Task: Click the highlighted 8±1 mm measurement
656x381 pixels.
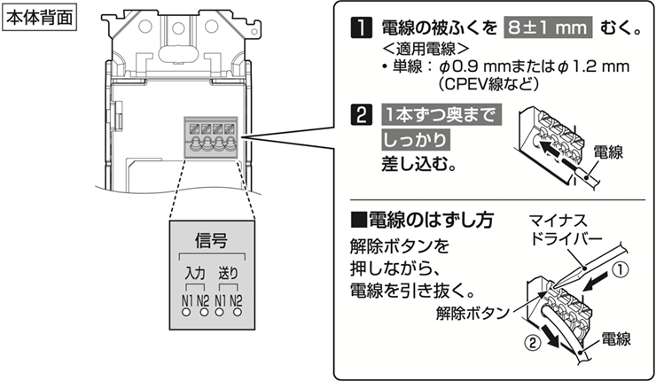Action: (547, 27)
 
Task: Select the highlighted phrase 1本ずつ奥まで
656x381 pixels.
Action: (438, 116)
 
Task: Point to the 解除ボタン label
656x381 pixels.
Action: (472, 313)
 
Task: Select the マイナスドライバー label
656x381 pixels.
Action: (566, 229)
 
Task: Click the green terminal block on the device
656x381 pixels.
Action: (212, 135)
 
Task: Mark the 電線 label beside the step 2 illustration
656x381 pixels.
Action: (608, 152)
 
